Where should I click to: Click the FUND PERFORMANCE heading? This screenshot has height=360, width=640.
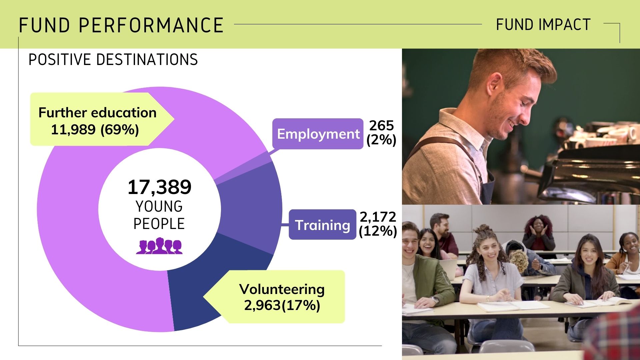[x=121, y=25]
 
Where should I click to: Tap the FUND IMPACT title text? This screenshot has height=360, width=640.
[x=543, y=25]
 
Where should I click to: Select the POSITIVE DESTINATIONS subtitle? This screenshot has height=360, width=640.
[x=113, y=60]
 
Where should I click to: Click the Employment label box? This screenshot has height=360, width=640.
[x=318, y=134]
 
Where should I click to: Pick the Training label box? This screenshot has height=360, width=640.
[x=322, y=225]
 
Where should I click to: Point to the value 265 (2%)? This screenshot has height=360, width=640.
[x=381, y=132]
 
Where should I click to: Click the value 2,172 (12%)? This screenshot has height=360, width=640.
[x=378, y=224]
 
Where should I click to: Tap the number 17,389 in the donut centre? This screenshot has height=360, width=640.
[x=159, y=187]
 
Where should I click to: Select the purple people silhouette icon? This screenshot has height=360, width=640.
[x=159, y=246]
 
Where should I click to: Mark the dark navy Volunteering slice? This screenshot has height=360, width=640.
[x=200, y=293]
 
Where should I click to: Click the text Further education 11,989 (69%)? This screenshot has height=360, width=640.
[x=97, y=121]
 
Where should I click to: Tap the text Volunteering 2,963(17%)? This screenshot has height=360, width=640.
[x=282, y=297]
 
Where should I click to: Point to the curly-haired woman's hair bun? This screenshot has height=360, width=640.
[x=483, y=229]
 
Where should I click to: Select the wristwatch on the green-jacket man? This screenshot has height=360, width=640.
[x=435, y=300]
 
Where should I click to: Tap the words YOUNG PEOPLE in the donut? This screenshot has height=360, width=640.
[x=159, y=215]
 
